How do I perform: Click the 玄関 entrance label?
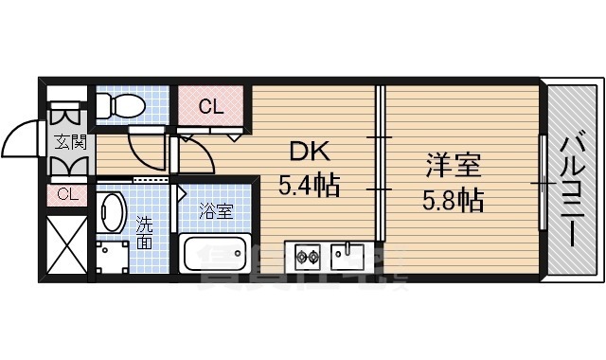point(68,143)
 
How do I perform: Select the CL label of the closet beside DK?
point(211,107)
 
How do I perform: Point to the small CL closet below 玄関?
point(66,194)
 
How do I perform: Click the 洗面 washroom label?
point(144,232)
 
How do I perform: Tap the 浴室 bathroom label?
point(216,211)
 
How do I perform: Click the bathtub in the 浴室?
point(215,255)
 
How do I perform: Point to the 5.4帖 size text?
point(309,183)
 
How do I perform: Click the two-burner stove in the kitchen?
point(309,255)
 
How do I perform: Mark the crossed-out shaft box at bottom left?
point(66,243)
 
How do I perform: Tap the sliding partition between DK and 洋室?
point(379,163)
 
